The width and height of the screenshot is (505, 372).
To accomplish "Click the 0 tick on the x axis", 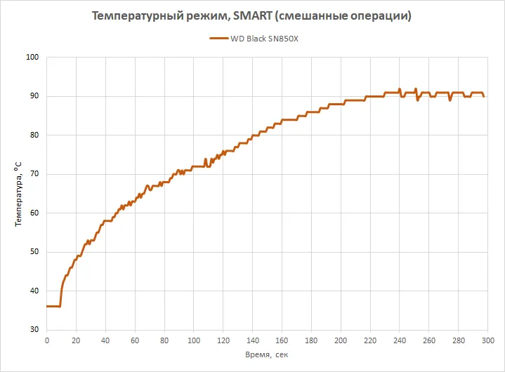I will point(47,341).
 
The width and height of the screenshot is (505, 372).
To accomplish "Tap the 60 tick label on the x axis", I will point(135,341).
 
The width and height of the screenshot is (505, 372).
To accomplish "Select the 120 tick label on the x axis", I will point(223,341).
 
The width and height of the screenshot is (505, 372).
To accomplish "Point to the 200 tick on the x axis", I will point(340,341).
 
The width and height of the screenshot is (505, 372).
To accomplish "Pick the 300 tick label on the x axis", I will point(487,341).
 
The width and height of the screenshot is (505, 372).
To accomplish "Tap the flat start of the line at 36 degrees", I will point(53,306).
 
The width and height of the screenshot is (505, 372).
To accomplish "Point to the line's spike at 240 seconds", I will point(399,89).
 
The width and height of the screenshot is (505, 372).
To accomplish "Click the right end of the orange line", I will point(484,96).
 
